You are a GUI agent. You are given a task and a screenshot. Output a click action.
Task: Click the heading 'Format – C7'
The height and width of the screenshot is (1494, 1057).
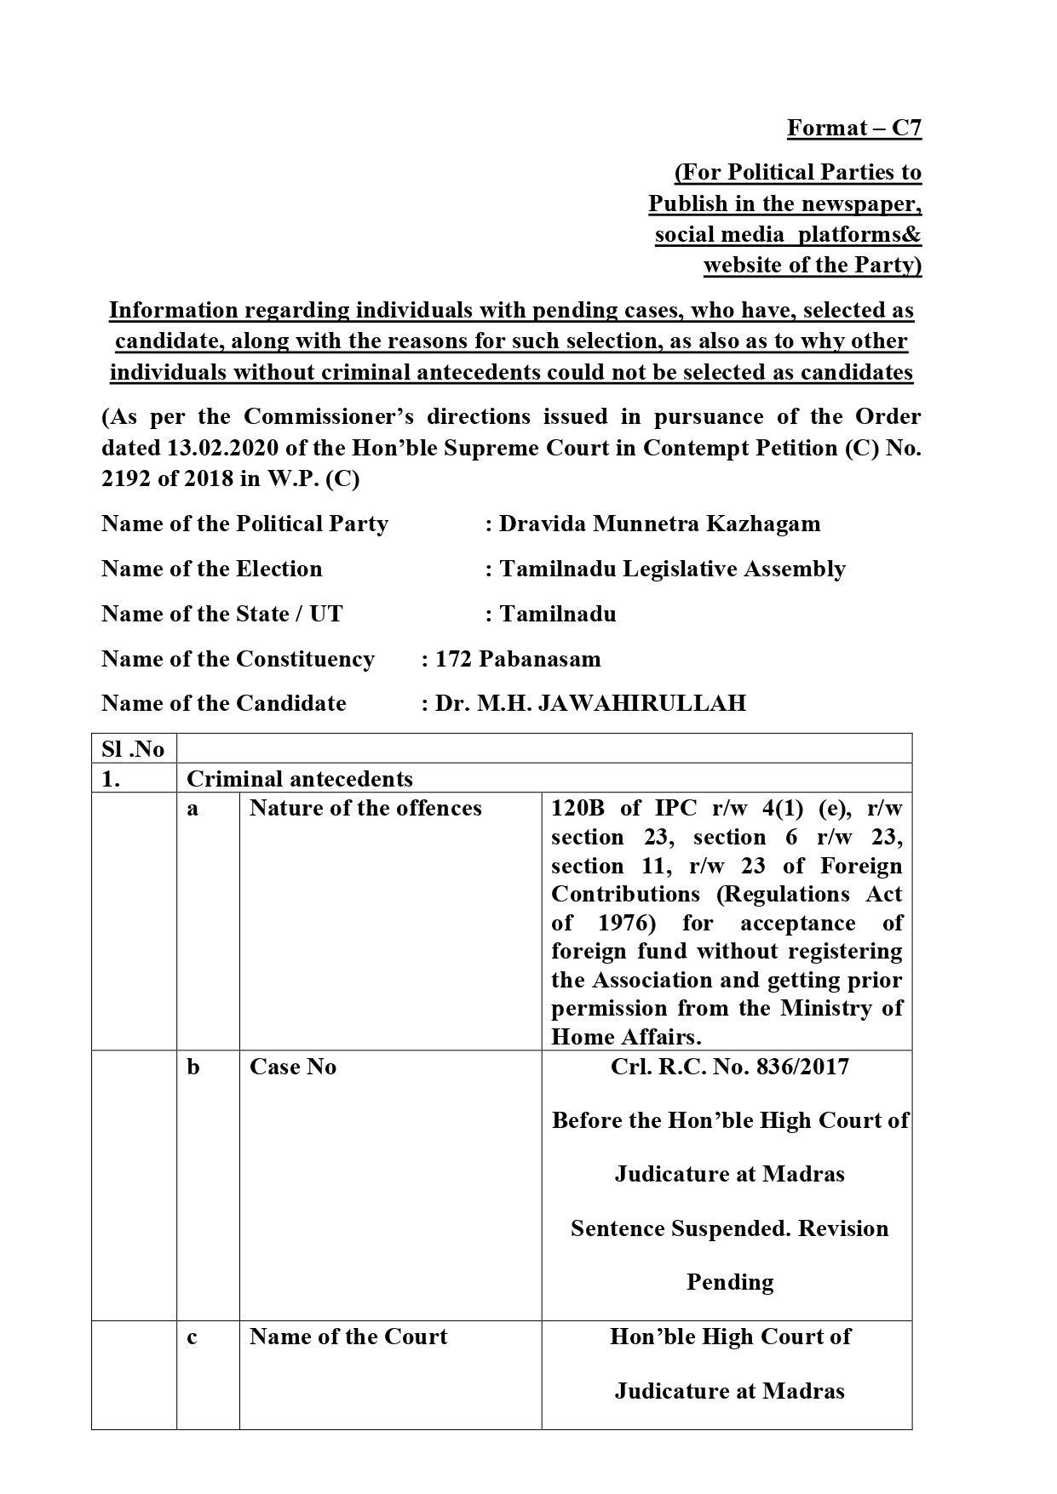coord(853,128)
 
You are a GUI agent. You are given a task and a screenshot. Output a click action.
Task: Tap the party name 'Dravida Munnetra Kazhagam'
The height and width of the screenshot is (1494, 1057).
coord(659,524)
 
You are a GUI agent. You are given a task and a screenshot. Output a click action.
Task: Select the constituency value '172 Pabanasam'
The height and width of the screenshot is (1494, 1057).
coord(518,659)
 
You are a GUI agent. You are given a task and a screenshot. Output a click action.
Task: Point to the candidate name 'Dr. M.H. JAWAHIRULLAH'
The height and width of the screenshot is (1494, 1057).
coord(590,703)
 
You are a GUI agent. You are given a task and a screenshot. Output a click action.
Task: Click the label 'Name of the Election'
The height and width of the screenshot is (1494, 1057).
coord(212,569)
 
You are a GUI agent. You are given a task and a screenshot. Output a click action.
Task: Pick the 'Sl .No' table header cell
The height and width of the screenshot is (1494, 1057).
coord(133,749)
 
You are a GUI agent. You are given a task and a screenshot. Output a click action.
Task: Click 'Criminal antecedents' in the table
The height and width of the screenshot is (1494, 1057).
coord(300,778)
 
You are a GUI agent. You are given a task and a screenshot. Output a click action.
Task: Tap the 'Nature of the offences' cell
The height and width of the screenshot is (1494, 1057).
coord(365,808)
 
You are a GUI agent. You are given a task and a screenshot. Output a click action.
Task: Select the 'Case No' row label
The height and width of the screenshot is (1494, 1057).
coord(293,1067)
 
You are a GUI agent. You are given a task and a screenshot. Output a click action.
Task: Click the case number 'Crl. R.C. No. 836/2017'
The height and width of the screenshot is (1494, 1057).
coord(729,1067)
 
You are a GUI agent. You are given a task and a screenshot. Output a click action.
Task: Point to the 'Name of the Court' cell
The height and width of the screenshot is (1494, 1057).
coord(348,1337)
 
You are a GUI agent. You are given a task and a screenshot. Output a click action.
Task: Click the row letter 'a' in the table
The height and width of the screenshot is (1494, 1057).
coord(192,809)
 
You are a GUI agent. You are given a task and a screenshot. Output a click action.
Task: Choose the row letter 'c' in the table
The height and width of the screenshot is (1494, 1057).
coord(192,1337)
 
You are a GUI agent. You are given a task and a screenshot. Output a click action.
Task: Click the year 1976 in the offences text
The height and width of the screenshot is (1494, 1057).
coord(626,923)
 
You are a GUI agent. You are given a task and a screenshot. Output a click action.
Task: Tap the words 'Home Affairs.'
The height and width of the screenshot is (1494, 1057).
coord(626,1037)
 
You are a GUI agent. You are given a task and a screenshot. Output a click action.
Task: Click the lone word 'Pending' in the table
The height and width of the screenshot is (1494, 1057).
coord(730,1282)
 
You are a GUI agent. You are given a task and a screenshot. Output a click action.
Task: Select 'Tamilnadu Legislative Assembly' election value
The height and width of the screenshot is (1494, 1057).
coord(672,569)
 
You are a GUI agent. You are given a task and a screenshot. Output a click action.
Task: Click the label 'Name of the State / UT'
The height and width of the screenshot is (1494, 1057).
coord(222,614)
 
